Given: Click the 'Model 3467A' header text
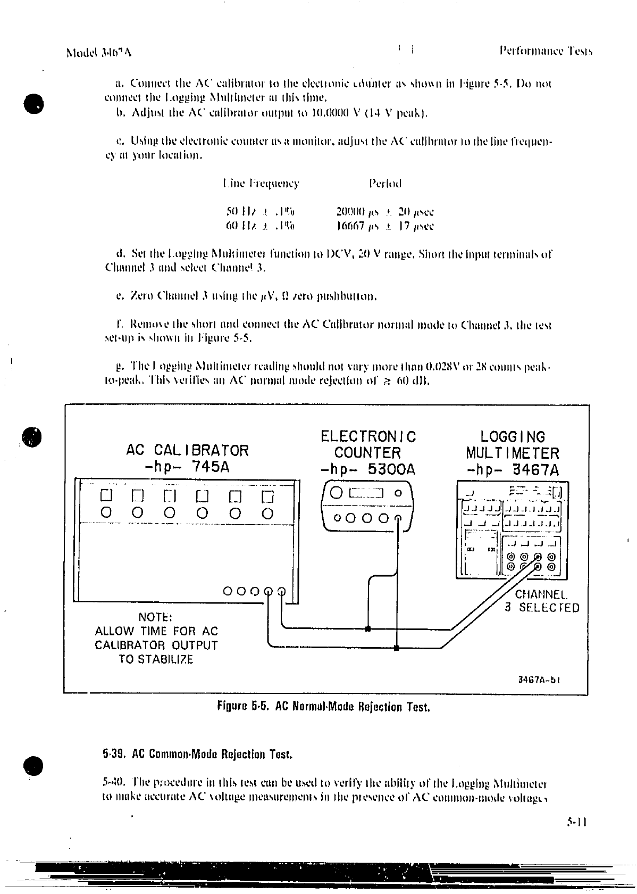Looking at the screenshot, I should tap(99, 52).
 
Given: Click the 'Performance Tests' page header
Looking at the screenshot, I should tap(546, 51).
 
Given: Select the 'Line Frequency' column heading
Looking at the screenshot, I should tap(261, 184).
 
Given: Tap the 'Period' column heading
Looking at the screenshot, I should tap(385, 184).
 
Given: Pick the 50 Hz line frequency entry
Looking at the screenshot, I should tap(261, 212).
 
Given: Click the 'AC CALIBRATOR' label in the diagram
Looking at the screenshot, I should tap(187, 450).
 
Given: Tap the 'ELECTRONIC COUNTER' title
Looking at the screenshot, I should tap(368, 445).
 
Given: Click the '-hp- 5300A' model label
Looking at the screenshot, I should tap(368, 470).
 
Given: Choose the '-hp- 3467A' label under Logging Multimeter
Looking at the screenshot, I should tap(513, 470).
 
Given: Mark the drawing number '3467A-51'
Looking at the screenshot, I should tap(540, 680).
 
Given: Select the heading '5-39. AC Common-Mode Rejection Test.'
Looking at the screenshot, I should tap(198, 754).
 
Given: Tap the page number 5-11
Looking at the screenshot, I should tap(576, 836).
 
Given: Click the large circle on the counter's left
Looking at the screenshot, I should tap(337, 493).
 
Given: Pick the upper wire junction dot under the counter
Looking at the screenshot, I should tap(368, 629).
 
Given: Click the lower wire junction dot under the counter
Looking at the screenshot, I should tap(397, 648).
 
